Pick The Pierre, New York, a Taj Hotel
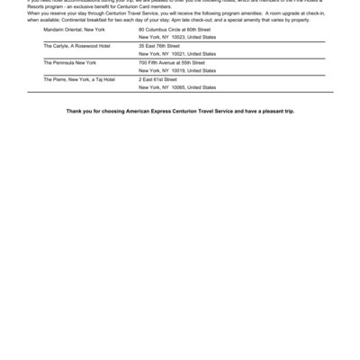pos(79,79)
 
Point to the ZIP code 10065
pos(177,87)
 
